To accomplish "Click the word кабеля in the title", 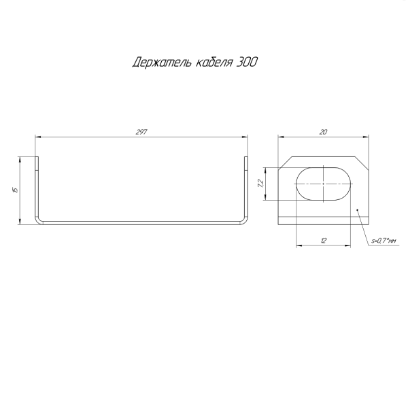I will pos(211,63).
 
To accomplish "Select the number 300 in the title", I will pos(248,63).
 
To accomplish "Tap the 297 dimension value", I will pos(142,132).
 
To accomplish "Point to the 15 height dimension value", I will pos(15,190).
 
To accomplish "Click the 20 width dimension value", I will pos(323,132).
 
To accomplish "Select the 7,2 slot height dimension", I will pos(260,183).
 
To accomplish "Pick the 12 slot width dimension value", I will pos(324,240).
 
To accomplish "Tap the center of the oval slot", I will pos(324,183).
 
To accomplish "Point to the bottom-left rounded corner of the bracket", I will pos(39,220).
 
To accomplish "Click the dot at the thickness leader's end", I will pos(358,210).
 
